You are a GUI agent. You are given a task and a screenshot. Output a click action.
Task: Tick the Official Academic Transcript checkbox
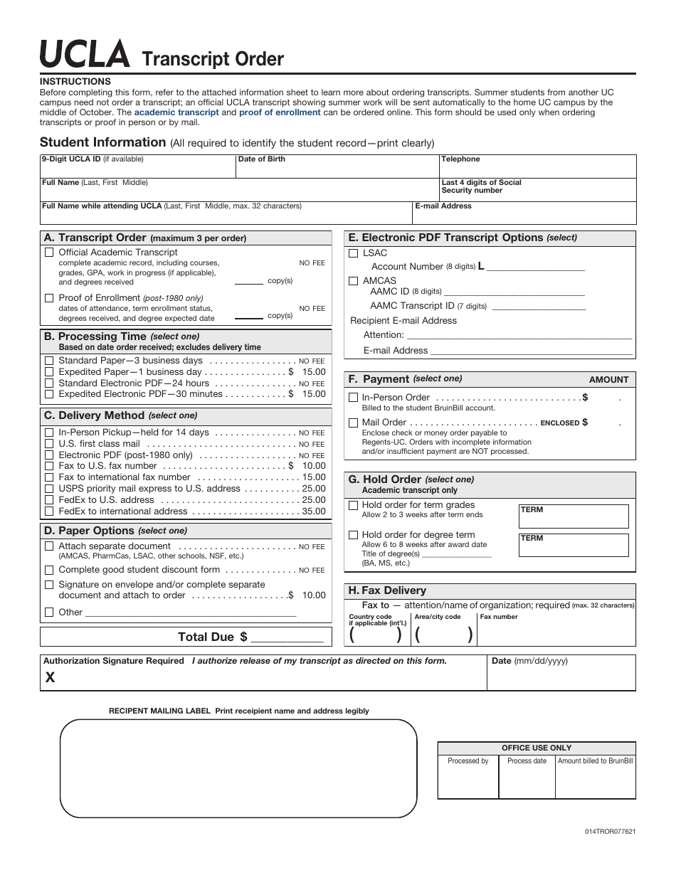[49, 252]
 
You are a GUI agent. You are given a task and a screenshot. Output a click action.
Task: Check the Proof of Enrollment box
[49, 297]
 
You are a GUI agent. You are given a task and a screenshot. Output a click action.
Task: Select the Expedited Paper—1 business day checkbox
[49, 371]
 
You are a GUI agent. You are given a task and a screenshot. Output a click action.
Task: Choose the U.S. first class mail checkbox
[49, 443]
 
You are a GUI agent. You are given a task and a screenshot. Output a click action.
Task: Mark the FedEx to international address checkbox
[49, 511]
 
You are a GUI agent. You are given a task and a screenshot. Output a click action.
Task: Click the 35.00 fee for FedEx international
[313, 511]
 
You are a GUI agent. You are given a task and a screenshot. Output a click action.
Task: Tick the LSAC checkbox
[354, 253]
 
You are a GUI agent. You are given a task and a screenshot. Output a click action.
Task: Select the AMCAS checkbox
[354, 281]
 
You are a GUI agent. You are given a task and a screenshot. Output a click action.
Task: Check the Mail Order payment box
[353, 423]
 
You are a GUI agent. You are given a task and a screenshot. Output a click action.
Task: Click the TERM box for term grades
[574, 516]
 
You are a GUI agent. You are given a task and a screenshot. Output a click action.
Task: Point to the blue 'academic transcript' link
[176, 112]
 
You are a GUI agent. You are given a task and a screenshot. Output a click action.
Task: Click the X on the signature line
[50, 678]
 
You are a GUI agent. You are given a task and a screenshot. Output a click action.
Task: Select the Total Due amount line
[287, 637]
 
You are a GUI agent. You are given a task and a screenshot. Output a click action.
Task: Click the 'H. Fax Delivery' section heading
[387, 590]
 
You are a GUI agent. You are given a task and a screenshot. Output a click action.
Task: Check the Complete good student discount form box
[49, 570]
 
